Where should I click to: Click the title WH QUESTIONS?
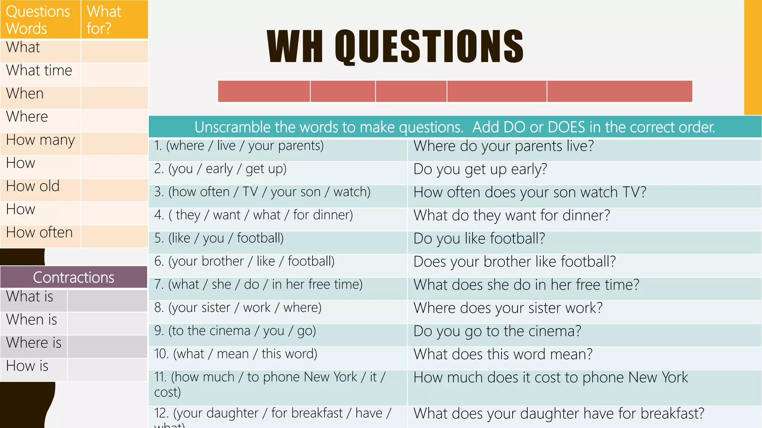[395, 46]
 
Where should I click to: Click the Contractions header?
[74, 277]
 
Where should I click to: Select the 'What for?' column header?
[104, 20]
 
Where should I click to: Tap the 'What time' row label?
[39, 71]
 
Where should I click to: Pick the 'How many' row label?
[40, 140]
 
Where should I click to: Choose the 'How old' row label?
[33, 186]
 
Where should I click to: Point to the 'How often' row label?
[39, 233]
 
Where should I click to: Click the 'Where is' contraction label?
[33, 343]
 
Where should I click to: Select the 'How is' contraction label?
[27, 366]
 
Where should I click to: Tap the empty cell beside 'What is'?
[107, 300]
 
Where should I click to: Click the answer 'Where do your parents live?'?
[503, 146]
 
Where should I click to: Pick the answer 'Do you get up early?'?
[480, 169]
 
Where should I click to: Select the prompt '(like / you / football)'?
[226, 238]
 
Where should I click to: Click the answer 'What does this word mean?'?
[503, 354]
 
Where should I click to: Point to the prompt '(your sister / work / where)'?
[245, 308]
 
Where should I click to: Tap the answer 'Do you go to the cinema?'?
[497, 331]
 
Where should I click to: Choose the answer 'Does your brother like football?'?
[514, 262]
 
